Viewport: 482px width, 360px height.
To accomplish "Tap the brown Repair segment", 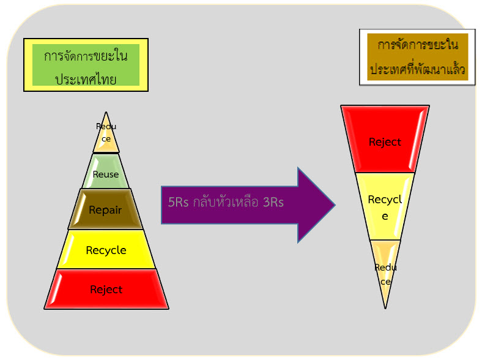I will click(106, 209).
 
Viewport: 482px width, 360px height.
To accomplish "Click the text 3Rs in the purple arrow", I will click(273, 203).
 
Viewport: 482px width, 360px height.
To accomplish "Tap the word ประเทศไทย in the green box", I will click(86, 79).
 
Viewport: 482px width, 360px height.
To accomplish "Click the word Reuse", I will click(106, 174).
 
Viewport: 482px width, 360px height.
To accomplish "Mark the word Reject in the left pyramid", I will click(106, 290).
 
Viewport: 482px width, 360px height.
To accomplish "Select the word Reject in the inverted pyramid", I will click(385, 142).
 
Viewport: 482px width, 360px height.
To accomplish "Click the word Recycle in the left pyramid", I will click(106, 250).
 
